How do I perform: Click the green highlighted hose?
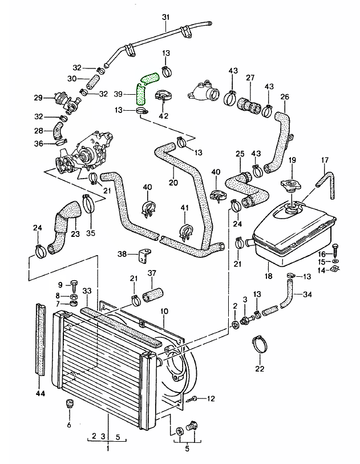tap(143, 87)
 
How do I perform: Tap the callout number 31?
tap(166, 17)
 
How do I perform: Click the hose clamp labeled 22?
tap(260, 344)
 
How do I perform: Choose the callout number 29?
tap(38, 98)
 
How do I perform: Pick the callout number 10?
tap(164, 311)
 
